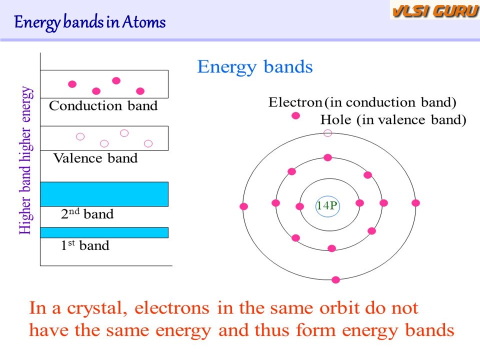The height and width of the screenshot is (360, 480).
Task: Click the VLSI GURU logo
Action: click(x=434, y=10)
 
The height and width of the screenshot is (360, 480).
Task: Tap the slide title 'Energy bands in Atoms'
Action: click(x=89, y=22)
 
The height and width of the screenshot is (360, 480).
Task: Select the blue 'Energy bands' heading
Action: click(x=255, y=67)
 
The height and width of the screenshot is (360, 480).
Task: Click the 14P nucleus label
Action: click(x=327, y=205)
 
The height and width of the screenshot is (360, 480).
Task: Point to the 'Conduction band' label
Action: click(x=103, y=106)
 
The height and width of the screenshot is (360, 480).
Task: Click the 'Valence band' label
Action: click(x=95, y=158)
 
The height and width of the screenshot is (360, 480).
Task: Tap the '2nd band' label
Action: click(x=87, y=213)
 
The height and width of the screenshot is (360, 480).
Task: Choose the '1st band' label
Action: click(x=85, y=245)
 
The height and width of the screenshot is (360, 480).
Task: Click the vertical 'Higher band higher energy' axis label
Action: click(x=25, y=160)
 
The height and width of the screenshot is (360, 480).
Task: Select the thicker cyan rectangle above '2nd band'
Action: click(x=104, y=194)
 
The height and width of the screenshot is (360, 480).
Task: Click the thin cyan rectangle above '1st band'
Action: click(x=104, y=232)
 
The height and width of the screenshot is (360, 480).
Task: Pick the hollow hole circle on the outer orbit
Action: click(x=328, y=133)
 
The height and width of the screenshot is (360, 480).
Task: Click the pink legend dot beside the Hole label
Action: click(x=295, y=115)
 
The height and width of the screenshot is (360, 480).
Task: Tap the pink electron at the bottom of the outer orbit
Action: click(x=336, y=280)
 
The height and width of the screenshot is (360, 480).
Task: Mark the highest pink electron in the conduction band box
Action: click(x=116, y=81)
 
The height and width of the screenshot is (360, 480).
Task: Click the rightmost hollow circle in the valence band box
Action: click(x=148, y=143)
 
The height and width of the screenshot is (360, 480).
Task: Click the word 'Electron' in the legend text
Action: click(x=295, y=102)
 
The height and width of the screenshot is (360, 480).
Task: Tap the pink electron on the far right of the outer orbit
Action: click(x=415, y=203)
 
